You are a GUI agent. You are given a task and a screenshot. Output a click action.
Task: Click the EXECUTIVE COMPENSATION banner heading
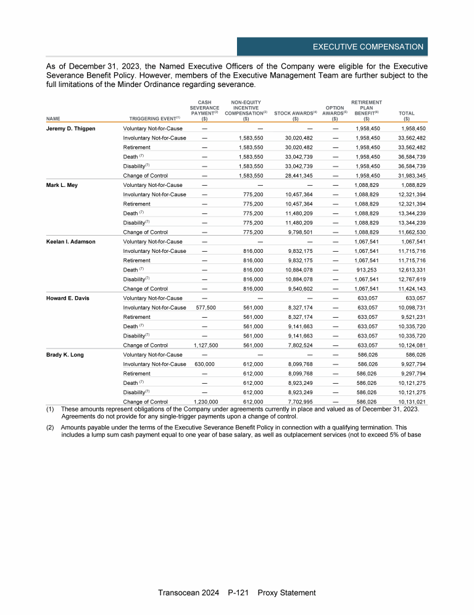(x=368, y=47)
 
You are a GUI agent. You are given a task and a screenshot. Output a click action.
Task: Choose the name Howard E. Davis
(x=68, y=298)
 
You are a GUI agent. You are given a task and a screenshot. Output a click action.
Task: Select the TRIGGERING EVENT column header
(x=154, y=118)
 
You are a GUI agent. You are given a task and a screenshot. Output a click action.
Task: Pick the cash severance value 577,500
(x=204, y=308)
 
